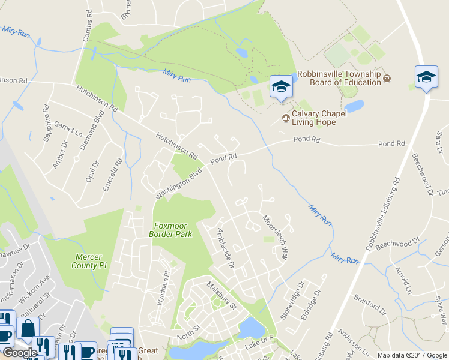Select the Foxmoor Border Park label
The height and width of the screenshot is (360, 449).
(x=170, y=230)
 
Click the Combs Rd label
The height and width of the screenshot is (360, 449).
(x=88, y=24)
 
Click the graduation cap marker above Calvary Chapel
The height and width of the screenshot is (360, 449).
(x=280, y=86)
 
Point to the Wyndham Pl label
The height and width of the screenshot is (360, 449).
(x=161, y=289)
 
